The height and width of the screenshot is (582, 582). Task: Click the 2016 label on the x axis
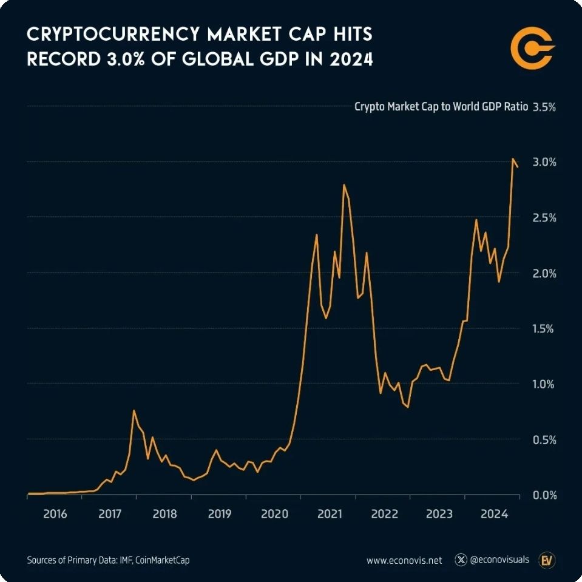[55, 514]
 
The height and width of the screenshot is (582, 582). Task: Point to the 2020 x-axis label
[274, 514]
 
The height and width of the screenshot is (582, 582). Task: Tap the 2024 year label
[494, 514]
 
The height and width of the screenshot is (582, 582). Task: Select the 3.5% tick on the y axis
[544, 107]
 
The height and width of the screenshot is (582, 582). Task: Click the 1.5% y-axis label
[544, 328]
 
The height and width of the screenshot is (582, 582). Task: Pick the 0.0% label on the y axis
[544, 495]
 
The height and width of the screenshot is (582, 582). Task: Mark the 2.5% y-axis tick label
[544, 217]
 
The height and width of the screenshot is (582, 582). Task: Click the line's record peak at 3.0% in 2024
[513, 159]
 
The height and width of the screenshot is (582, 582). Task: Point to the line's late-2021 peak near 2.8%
[344, 184]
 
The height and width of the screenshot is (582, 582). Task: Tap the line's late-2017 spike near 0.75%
[134, 411]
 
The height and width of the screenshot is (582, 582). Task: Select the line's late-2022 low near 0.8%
[408, 407]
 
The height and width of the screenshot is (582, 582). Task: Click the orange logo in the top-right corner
[532, 47]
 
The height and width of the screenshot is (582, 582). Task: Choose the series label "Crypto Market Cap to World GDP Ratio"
[441, 107]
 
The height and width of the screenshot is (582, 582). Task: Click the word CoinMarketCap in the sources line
[165, 560]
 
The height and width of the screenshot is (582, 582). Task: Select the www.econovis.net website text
[404, 560]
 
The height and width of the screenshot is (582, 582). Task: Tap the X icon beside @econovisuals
[461, 560]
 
